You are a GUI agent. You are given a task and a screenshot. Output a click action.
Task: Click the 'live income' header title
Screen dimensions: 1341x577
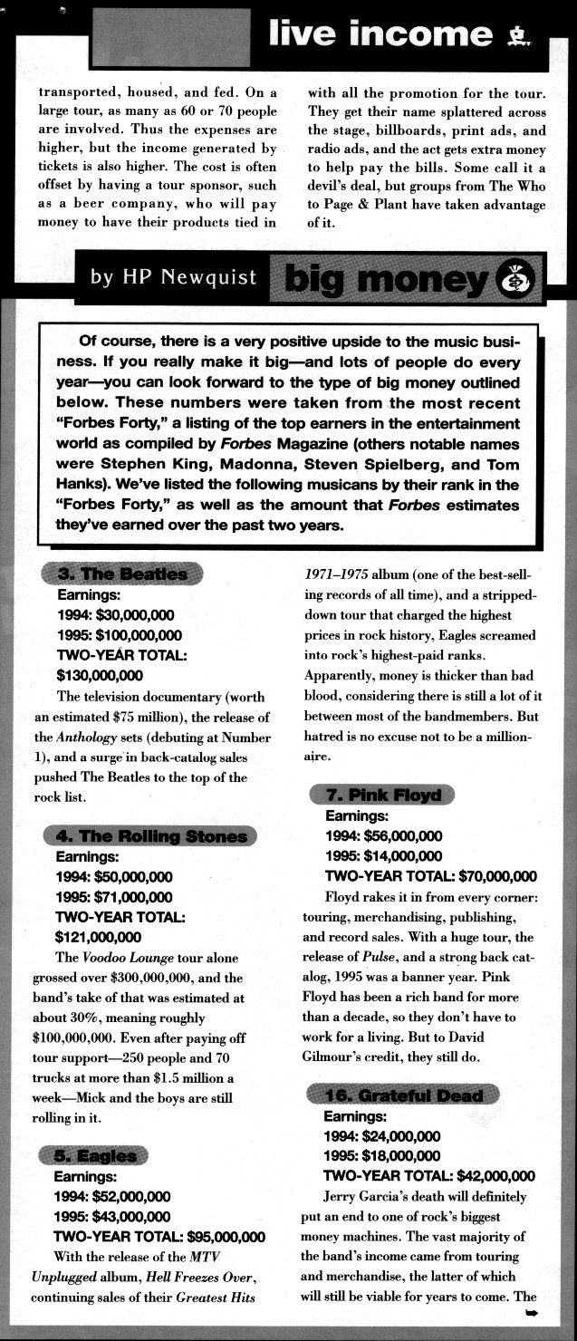pyautogui.click(x=381, y=34)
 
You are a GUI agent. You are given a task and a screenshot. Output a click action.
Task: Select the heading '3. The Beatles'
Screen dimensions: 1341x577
pyautogui.click(x=122, y=574)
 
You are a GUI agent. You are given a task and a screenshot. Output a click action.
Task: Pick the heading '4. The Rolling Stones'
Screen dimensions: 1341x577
pyautogui.click(x=150, y=836)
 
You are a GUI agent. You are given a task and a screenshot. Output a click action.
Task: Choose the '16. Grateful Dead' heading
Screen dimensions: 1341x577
pyautogui.click(x=403, y=1095)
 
